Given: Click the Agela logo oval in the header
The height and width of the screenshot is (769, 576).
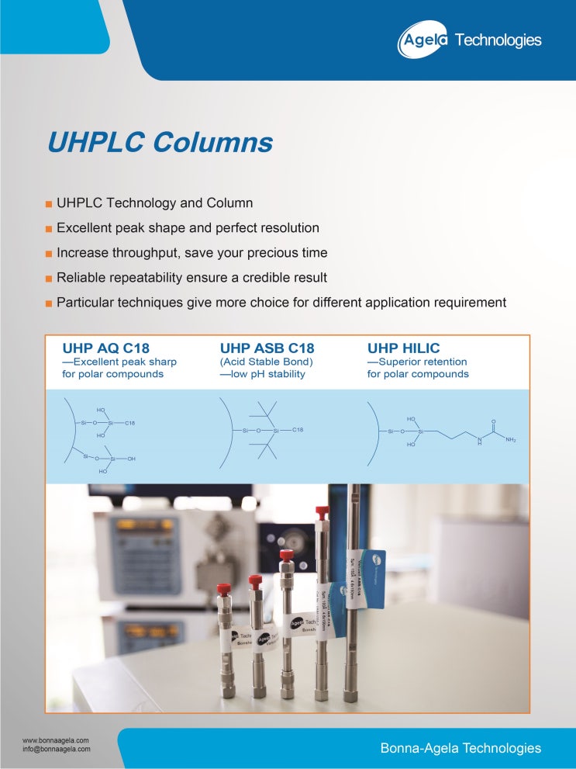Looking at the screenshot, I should [x=423, y=40].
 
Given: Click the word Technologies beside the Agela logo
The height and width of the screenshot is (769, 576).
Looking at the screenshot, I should [x=498, y=40].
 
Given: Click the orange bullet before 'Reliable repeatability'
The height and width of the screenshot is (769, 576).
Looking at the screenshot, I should [x=49, y=278].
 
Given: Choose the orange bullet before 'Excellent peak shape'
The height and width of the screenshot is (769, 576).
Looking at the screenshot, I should [x=49, y=229].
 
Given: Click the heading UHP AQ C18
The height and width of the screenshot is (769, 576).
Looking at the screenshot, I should [x=105, y=348].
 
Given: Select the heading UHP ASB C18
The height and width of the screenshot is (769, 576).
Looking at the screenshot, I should [x=267, y=348].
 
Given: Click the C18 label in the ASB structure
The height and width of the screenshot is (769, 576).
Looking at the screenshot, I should [x=298, y=430].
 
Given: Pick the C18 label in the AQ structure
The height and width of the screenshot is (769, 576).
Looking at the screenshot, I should [x=130, y=423].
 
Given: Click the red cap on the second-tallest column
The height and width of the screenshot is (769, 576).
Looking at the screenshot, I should [x=322, y=513].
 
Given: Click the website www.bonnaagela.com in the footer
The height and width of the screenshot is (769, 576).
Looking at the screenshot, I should [x=56, y=740].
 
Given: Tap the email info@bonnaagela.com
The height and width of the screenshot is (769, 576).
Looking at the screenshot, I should [x=57, y=750].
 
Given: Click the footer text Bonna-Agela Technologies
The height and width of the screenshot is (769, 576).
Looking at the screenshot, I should [x=460, y=748].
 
